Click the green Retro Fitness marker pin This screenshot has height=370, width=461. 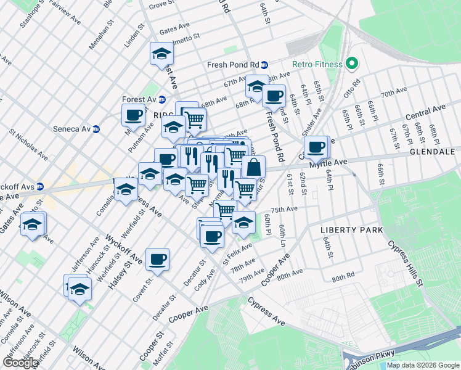tap(352, 64)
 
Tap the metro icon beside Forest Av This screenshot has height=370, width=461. tap(162, 99)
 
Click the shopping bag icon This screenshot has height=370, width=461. tap(253, 166)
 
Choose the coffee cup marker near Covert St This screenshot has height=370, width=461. tap(157, 260)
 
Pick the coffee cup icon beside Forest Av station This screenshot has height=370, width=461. tap(134, 115)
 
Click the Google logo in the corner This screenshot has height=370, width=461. tap(20, 363)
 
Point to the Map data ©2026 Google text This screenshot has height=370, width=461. tap(422, 365)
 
